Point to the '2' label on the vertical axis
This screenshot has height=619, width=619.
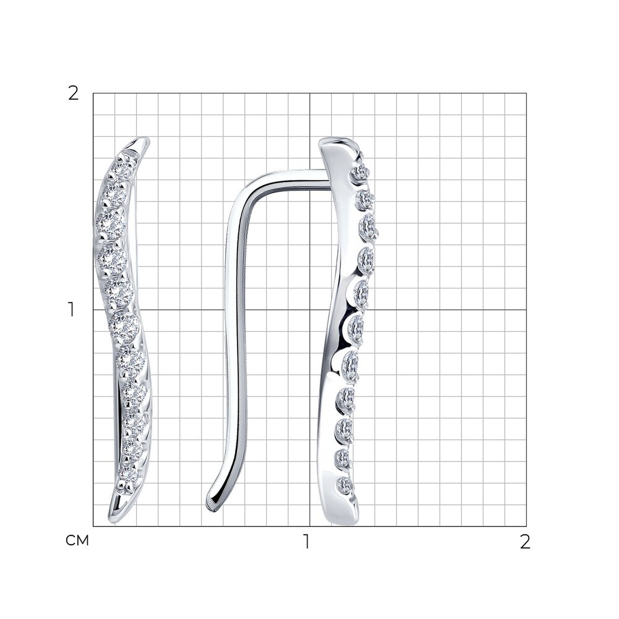(x=73, y=93)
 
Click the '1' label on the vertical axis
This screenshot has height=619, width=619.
(x=71, y=309)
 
